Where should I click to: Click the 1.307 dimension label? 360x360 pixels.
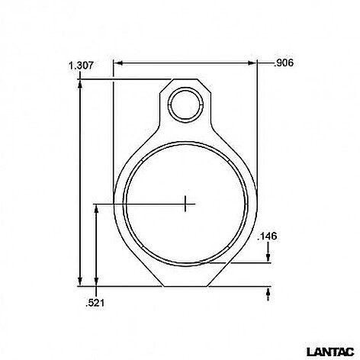click(x=81, y=66)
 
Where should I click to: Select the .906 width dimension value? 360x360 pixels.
click(x=284, y=63)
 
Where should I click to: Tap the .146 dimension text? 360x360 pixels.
click(x=267, y=236)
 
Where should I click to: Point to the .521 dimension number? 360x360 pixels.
click(x=95, y=303)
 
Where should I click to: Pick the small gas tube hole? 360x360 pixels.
click(x=185, y=104)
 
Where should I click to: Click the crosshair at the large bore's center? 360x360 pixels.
click(x=185, y=204)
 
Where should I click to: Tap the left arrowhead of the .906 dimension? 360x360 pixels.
click(x=118, y=63)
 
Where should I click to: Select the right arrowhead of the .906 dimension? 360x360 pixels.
click(x=252, y=63)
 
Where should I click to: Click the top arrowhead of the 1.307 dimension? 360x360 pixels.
click(x=80, y=85)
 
